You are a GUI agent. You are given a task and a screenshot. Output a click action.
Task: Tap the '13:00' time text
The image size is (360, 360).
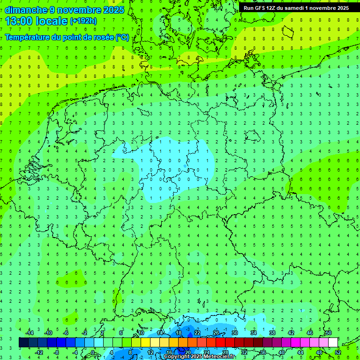coord(19,21)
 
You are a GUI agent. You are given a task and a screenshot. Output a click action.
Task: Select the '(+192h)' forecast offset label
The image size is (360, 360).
coord(83,21)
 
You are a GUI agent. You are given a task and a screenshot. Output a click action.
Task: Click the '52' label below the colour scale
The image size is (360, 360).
coord(338,352)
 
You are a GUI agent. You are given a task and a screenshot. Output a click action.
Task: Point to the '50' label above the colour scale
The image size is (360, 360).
coord(328,333)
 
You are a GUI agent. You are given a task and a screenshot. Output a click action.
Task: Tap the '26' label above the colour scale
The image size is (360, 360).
coord(216,333)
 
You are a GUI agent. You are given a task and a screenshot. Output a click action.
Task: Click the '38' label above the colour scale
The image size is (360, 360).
coord(272,333)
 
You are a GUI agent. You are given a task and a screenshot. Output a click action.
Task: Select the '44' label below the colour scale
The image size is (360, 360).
coord(300,352)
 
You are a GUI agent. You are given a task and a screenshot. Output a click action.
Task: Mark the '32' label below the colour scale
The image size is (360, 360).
coord(244,352)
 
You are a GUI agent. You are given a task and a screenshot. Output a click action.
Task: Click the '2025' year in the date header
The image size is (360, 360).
coord(113,10)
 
